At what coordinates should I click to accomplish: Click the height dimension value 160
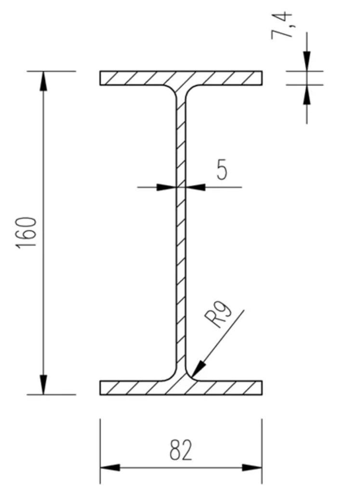tap(27, 233)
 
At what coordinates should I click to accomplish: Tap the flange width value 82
tap(181, 450)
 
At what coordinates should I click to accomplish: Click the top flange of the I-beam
tap(181, 78)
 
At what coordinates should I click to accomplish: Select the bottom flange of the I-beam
tap(181, 388)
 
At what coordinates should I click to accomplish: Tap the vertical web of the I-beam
tap(181, 233)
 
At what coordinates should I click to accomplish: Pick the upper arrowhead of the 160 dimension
tap(43, 81)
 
